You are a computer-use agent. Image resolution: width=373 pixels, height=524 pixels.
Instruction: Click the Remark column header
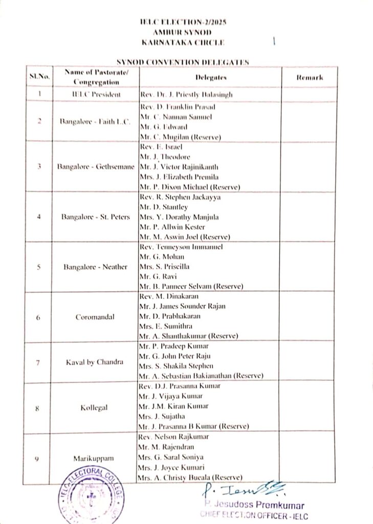tap(310, 77)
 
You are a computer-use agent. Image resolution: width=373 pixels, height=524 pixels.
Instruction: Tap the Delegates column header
tap(210, 77)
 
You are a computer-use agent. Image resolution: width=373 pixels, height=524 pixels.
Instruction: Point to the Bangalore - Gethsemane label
tap(96, 167)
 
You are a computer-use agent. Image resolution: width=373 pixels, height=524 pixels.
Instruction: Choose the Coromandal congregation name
tap(96, 317)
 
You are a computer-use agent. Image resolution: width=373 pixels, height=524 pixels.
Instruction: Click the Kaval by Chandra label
tap(95, 362)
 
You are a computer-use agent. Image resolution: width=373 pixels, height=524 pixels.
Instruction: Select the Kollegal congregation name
tap(96, 408)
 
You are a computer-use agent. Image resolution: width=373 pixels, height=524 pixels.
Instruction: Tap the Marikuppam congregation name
tap(96, 458)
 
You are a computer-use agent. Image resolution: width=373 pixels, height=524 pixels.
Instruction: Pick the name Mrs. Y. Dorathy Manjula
tap(179, 217)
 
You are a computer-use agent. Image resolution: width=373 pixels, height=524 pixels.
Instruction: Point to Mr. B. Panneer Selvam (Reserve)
tap(191, 286)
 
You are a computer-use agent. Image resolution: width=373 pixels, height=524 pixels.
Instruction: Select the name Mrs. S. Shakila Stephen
tap(179, 366)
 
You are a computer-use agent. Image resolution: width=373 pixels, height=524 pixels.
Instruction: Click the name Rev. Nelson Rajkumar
tap(174, 438)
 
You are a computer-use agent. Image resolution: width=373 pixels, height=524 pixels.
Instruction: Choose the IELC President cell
tap(96, 95)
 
